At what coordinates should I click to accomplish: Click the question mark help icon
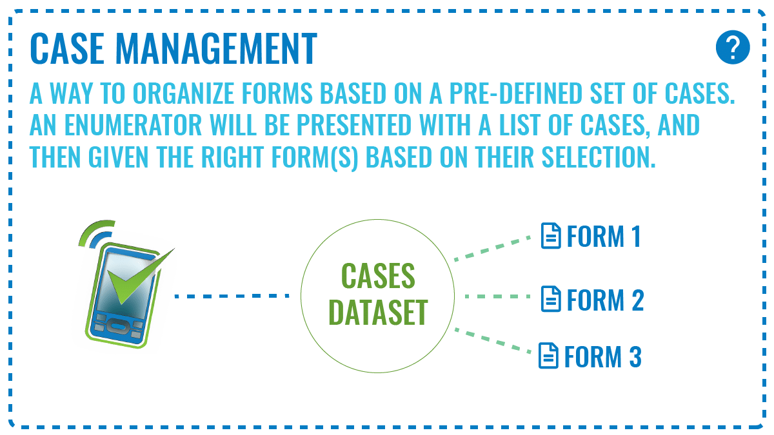[x=733, y=47]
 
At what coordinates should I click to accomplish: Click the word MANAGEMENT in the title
[x=216, y=49]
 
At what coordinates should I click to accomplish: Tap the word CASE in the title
[x=67, y=49]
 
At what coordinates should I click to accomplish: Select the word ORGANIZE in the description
[x=184, y=93]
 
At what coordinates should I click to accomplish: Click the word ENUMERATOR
[x=133, y=124]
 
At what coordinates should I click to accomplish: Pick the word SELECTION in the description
[x=599, y=157]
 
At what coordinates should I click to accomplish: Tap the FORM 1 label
[x=604, y=237]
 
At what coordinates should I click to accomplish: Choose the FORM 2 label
[x=606, y=300]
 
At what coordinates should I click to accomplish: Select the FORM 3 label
[x=603, y=356]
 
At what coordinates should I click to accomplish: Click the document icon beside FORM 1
[x=551, y=236]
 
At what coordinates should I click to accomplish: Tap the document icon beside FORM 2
[x=551, y=299]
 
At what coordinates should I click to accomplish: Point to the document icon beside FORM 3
[x=548, y=356]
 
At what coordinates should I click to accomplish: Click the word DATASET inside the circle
[x=379, y=313]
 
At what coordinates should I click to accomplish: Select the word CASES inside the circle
[x=379, y=276]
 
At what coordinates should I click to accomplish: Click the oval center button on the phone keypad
[x=117, y=327]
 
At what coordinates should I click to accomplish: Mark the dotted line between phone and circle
[x=232, y=296]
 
